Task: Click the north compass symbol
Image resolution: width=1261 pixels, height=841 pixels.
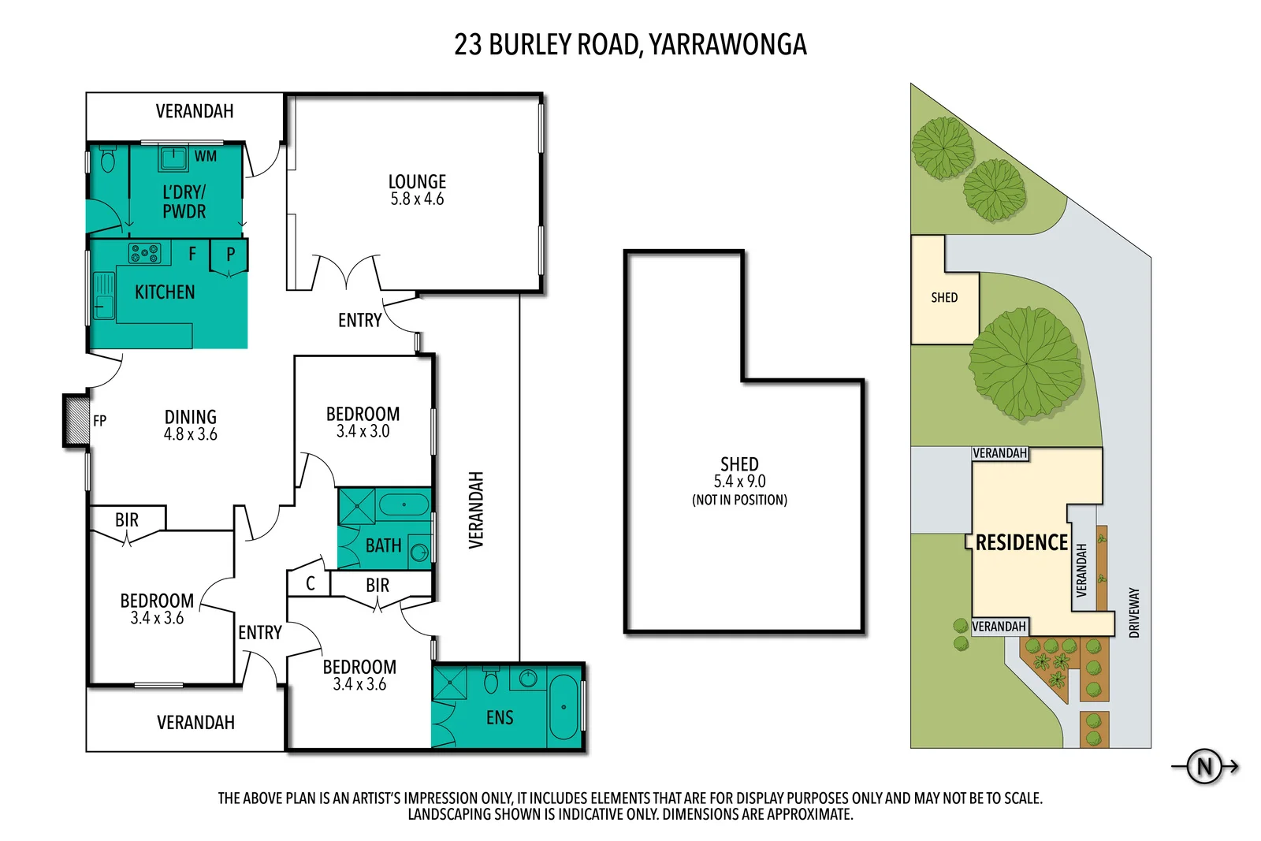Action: (1204, 766)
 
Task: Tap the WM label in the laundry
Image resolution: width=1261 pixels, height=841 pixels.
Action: (206, 156)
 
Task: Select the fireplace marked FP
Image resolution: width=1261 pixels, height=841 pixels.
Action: (77, 420)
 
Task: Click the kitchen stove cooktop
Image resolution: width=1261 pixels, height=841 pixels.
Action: (145, 253)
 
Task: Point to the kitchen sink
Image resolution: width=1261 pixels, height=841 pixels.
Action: (103, 295)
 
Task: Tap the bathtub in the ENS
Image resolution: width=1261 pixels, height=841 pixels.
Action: (563, 706)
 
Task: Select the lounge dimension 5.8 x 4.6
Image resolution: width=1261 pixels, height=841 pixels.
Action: (417, 199)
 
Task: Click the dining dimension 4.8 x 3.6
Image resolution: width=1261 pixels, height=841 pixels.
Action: (190, 434)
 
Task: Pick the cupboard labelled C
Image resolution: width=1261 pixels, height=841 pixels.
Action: (310, 583)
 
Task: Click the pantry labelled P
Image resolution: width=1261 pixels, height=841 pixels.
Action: (231, 255)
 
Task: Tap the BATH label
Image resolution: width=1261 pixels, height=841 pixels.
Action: (383, 545)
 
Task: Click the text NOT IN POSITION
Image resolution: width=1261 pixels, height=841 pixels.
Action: (739, 500)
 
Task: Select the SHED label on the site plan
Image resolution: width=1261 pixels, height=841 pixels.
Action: (944, 297)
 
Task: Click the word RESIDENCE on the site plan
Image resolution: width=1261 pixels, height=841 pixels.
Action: (1021, 542)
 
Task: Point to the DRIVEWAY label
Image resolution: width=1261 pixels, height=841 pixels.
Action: (1134, 612)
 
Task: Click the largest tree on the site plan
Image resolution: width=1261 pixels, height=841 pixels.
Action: (1025, 363)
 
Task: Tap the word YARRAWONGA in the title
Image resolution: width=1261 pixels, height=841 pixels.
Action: (727, 44)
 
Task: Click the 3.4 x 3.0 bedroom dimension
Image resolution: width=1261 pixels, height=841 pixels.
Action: (363, 431)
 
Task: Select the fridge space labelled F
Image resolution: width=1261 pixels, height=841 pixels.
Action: (192, 254)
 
